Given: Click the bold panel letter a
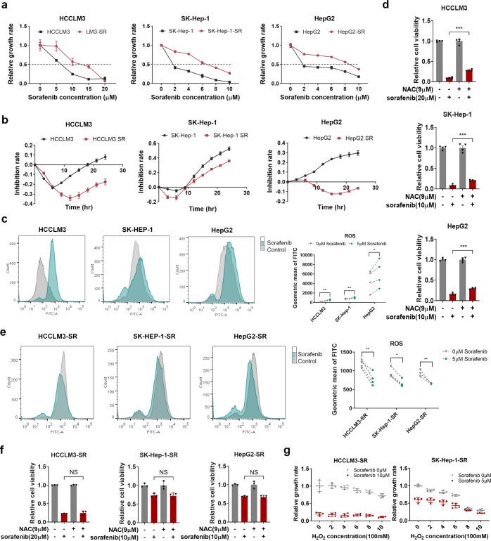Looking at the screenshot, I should coord(6,6).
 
